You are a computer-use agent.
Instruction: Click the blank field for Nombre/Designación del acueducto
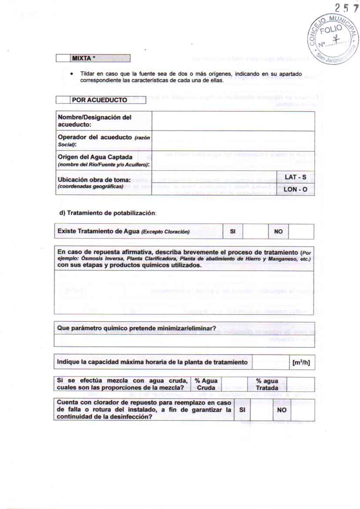(233, 121)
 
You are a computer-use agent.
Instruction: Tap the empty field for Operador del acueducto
(233, 140)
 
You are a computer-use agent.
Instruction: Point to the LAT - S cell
(296, 177)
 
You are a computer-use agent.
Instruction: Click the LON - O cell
(296, 189)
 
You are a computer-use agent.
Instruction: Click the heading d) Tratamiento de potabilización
(107, 213)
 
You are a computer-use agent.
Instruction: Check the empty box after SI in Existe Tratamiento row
(255, 232)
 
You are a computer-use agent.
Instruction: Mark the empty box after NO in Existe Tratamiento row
(301, 232)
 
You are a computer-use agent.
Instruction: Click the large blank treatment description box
(184, 292)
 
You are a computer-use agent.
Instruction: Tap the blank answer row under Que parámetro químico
(184, 340)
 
